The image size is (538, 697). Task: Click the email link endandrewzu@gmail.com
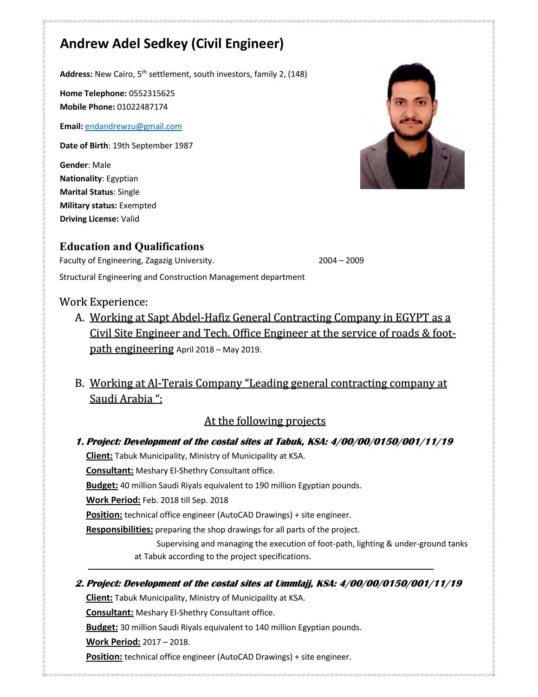coord(133,126)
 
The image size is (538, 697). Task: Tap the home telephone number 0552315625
coord(152,93)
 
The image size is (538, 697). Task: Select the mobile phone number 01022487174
coord(142,107)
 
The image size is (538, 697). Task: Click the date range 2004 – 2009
coord(341,261)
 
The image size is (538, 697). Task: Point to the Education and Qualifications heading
coord(131,247)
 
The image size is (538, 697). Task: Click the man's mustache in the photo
coord(411,121)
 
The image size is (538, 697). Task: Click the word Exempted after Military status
coord(137,205)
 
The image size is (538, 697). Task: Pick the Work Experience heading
coord(104,302)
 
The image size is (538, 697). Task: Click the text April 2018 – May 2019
coord(219,350)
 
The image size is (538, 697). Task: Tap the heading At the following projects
coord(265,421)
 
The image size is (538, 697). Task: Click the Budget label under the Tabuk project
coord(102,486)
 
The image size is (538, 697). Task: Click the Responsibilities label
coord(119,530)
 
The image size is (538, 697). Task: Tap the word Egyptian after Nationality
coord(122,179)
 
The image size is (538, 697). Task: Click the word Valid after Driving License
coord(130,219)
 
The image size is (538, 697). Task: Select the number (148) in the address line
coord(297,74)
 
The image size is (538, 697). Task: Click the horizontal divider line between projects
coord(260,569)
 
